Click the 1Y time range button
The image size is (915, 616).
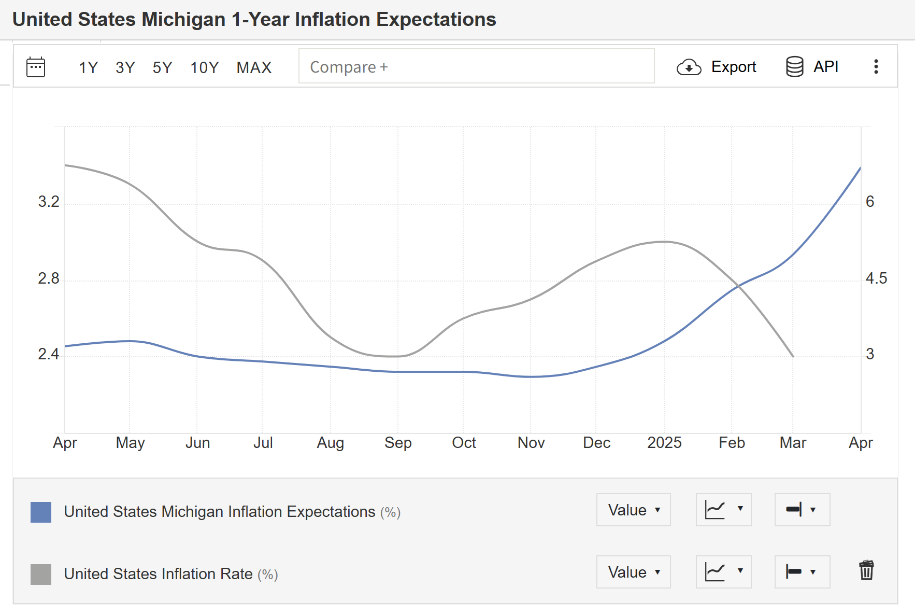pyautogui.click(x=88, y=67)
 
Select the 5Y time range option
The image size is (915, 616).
pyautogui.click(x=162, y=67)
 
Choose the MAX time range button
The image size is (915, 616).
pyautogui.click(x=254, y=67)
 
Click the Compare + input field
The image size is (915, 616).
pyautogui.click(x=476, y=66)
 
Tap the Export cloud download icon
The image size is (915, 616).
pyautogui.click(x=689, y=67)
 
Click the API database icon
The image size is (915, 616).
pyautogui.click(x=794, y=67)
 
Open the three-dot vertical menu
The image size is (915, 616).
pyautogui.click(x=876, y=66)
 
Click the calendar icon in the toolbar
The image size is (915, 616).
pyautogui.click(x=36, y=67)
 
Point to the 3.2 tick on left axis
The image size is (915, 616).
pyautogui.click(x=49, y=202)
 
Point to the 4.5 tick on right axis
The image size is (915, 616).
pyautogui.click(x=876, y=278)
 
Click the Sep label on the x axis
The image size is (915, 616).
pyautogui.click(x=398, y=443)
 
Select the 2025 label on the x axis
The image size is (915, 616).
pyautogui.click(x=664, y=443)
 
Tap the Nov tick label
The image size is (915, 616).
pyautogui.click(x=531, y=443)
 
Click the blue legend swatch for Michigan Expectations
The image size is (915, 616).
pyautogui.click(x=41, y=512)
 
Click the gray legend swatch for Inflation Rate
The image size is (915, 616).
pyautogui.click(x=41, y=574)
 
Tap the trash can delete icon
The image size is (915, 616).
pyautogui.click(x=866, y=570)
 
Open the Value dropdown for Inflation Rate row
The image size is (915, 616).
pyautogui.click(x=633, y=572)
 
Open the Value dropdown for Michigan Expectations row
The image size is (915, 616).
pyautogui.click(x=633, y=510)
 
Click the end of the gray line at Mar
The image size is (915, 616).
pyautogui.click(x=793, y=356)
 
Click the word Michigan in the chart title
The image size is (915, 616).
pyautogui.click(x=183, y=20)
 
